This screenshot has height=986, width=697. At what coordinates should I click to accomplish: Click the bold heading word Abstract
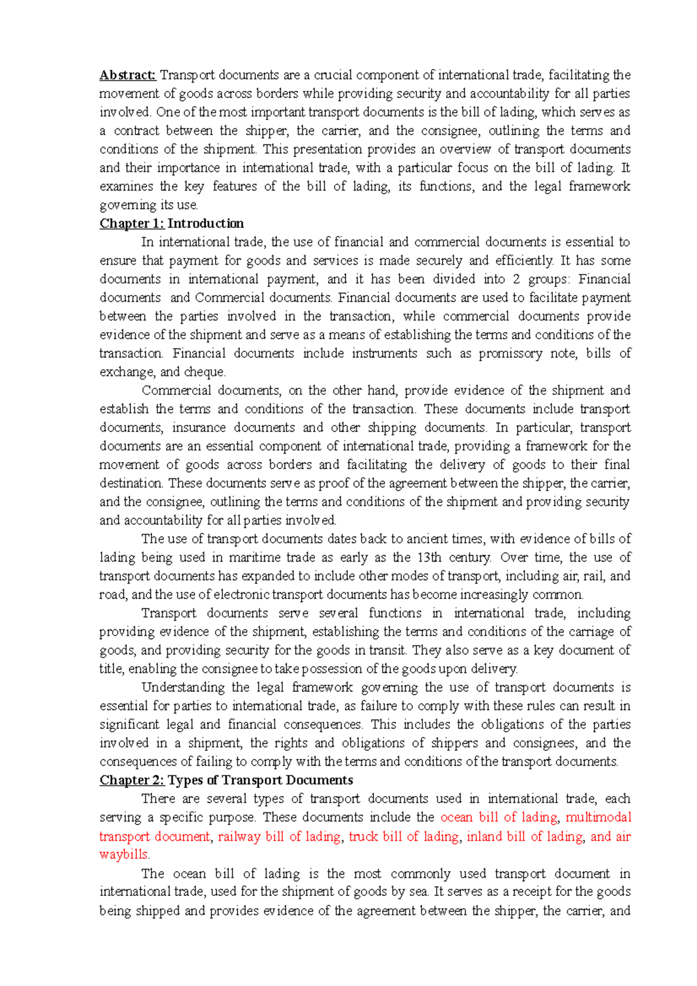point(127,75)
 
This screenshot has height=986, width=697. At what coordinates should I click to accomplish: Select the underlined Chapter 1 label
point(132,224)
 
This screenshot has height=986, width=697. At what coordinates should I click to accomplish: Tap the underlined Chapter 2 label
point(132,780)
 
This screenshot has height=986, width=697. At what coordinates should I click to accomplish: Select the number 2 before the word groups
point(516,279)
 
